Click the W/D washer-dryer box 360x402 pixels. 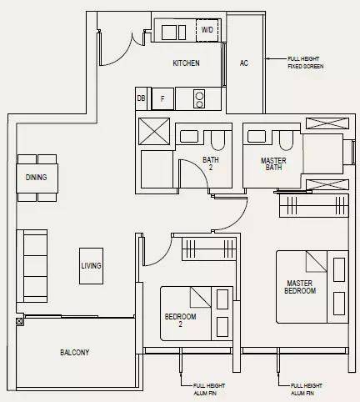tap(207, 30)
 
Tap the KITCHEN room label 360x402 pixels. tap(186, 63)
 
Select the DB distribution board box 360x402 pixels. tap(142, 98)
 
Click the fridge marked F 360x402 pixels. tap(162, 98)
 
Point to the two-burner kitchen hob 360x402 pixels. tap(199, 99)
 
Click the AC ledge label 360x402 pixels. tap(244, 63)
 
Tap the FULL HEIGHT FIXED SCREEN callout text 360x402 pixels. tap(306, 63)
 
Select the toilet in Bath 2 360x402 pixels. tap(217, 139)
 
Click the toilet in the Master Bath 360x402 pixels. tap(286, 140)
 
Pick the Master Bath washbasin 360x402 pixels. tap(257, 137)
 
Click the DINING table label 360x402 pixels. tap(36, 178)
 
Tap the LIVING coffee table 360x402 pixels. tap(91, 266)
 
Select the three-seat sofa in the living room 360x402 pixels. tap(32, 266)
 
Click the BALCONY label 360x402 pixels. tap(75, 353)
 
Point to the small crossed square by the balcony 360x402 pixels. tap(19, 322)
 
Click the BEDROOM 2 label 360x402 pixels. tap(180, 320)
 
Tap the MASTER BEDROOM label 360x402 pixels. tap(300, 287)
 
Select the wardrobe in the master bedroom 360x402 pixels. tap(313, 206)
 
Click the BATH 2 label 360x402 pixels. tap(211, 163)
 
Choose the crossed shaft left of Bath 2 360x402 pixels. tap(154, 131)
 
